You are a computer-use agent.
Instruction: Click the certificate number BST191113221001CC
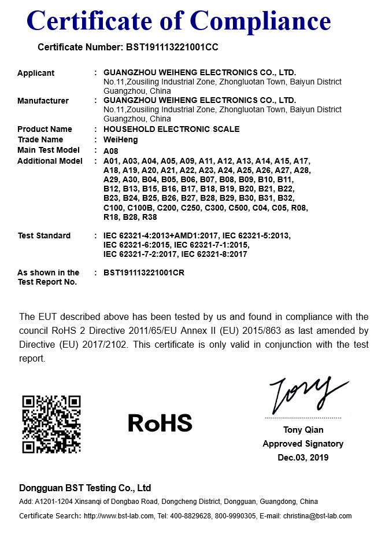tap(172, 47)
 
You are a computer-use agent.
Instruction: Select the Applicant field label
tap(36, 73)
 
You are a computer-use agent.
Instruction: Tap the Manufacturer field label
tap(43, 101)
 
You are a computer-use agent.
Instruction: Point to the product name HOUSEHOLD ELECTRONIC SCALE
tap(171, 129)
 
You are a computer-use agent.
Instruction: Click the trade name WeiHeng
tap(120, 139)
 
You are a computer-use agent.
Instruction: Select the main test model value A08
tap(110, 150)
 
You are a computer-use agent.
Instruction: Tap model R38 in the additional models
tap(149, 217)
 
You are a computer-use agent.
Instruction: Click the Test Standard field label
tap(44, 235)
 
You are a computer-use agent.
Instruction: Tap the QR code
tap(51, 424)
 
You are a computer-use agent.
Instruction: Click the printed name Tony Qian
tap(303, 430)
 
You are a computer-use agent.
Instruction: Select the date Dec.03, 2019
tap(303, 458)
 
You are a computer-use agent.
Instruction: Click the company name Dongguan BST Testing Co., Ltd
tap(85, 488)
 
